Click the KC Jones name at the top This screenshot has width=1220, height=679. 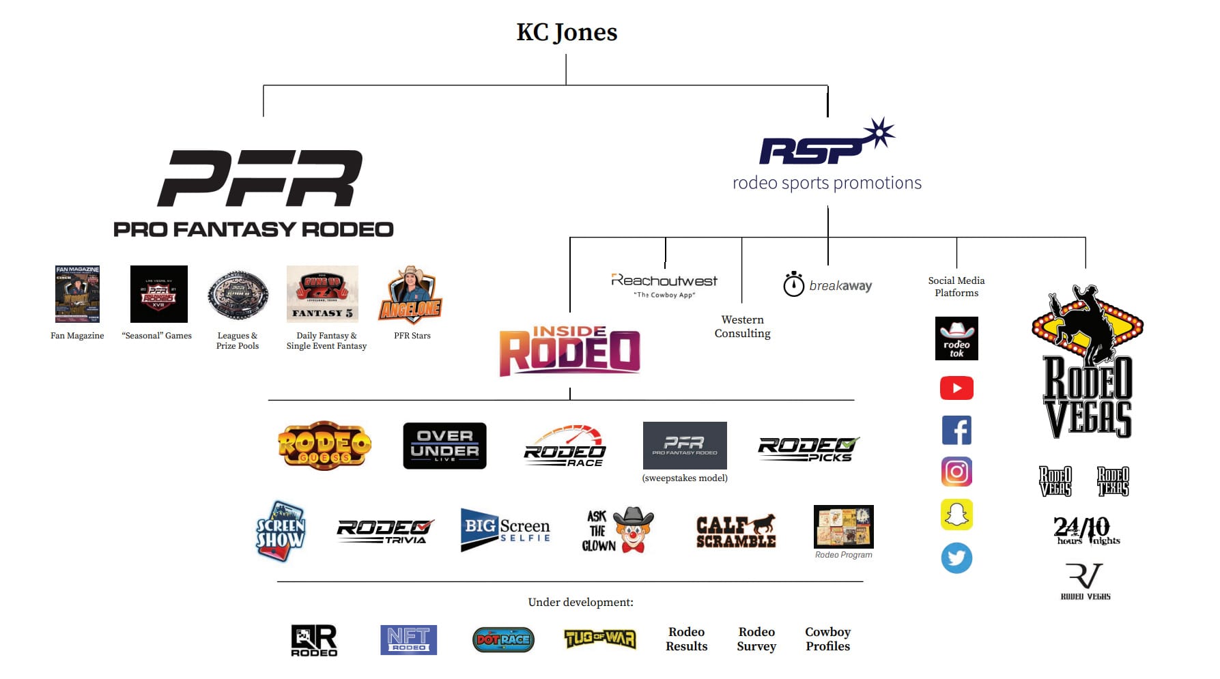(567, 32)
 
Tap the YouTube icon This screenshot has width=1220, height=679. (956, 388)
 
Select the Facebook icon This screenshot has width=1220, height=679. (956, 431)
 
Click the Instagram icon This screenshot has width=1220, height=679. (956, 472)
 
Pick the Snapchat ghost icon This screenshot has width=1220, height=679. (956, 515)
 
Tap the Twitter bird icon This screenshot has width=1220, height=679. (956, 558)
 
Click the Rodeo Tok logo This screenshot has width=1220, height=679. (956, 338)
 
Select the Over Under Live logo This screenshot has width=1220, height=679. (444, 446)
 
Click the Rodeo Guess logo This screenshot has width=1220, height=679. (324, 446)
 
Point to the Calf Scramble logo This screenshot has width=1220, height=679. (736, 532)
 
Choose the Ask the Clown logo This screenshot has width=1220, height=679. (617, 530)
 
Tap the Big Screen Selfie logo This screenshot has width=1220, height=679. (505, 530)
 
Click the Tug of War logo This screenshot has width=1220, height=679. (600, 639)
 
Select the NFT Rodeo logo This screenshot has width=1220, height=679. (408, 639)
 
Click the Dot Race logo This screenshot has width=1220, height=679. (503, 639)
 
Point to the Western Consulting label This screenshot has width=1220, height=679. (743, 326)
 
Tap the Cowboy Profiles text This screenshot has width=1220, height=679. (827, 639)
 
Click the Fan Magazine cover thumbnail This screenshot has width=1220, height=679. (77, 294)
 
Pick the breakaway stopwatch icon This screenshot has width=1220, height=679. (793, 285)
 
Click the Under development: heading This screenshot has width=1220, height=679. (580, 602)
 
